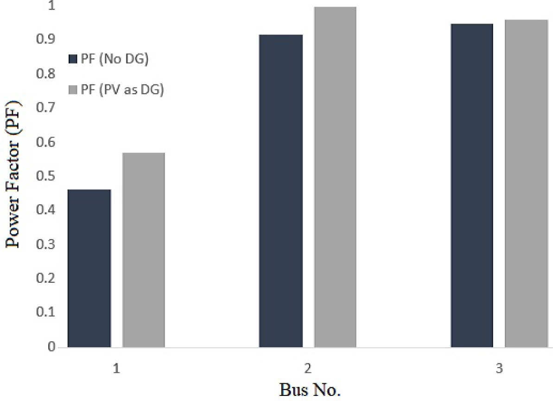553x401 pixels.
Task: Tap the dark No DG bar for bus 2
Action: pos(281,191)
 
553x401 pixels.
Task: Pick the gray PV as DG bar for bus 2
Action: pos(335,177)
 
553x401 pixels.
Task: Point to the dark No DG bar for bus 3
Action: pos(471,185)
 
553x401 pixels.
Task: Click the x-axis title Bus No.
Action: pos(310,388)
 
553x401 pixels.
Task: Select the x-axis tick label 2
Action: pos(308,369)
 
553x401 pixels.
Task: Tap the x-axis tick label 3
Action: pos(499,369)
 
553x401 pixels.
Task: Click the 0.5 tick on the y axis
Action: pos(46,177)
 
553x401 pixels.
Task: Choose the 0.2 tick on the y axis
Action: pos(46,279)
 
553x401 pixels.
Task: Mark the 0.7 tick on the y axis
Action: pos(46,108)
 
